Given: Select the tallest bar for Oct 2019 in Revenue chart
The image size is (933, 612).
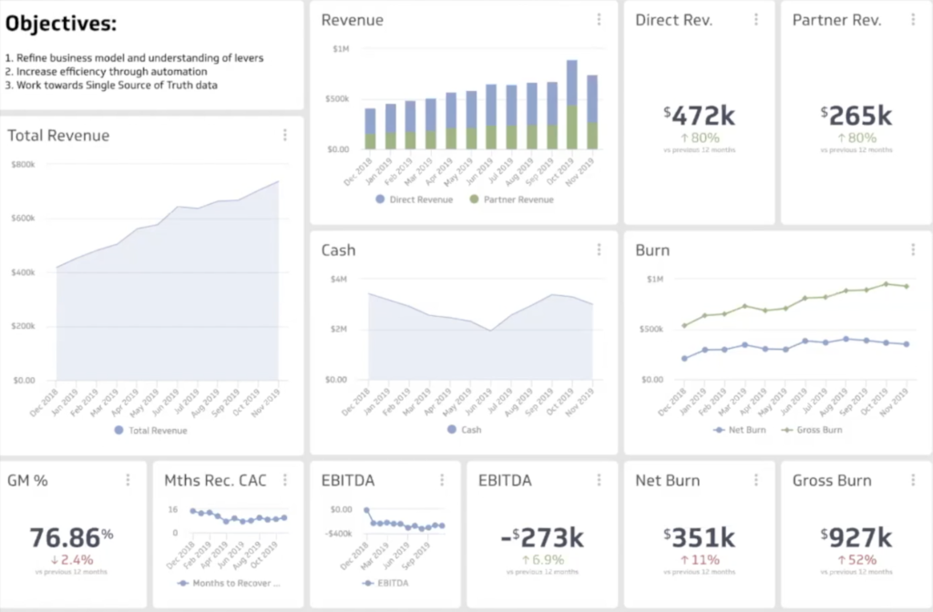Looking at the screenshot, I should pos(571,105).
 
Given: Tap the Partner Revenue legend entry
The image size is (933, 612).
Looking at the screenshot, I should pos(511,199).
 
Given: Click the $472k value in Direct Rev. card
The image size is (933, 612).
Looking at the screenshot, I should pos(699,116).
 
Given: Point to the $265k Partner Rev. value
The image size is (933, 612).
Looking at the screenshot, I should pos(856,116).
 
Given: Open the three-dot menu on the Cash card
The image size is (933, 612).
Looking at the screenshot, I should pos(599,250).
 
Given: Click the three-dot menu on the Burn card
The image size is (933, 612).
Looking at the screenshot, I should pos(913,250).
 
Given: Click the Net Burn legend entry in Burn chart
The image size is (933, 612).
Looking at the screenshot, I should pos(745,429).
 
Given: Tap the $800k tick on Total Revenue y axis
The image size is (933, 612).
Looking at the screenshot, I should pos(23,165).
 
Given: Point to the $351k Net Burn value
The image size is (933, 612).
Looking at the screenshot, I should pos(699,536).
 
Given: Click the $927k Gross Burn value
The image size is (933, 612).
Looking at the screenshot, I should pos(856,536).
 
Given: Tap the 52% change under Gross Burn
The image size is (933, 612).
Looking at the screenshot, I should pos(856,559).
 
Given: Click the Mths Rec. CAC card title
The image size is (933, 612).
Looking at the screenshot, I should pos(215,480).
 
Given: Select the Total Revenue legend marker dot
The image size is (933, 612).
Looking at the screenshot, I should pos(118,431).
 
